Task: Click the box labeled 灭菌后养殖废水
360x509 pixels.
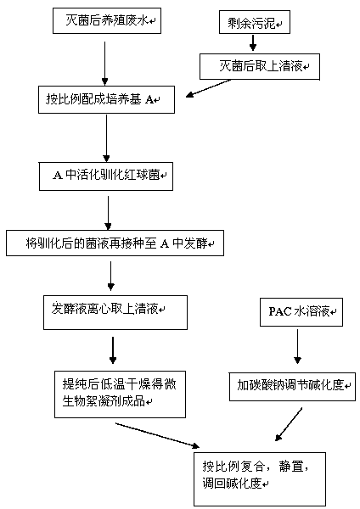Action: click(x=107, y=20)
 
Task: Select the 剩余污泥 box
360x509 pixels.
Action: click(x=255, y=22)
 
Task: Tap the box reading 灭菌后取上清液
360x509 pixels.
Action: click(x=260, y=66)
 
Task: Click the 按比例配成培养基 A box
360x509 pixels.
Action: click(x=106, y=99)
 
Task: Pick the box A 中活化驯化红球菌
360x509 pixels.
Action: click(x=106, y=176)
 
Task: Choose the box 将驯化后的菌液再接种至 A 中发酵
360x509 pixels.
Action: click(x=115, y=243)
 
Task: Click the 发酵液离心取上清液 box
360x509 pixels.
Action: click(x=115, y=312)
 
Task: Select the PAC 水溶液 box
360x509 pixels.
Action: click(x=301, y=312)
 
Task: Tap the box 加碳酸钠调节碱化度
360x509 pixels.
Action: click(x=292, y=387)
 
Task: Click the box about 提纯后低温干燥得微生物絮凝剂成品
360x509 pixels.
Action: click(x=120, y=394)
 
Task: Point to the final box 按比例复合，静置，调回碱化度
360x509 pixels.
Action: click(x=260, y=478)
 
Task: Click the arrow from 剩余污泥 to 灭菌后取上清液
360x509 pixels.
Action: click(x=253, y=42)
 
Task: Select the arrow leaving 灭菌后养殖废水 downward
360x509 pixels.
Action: click(x=104, y=64)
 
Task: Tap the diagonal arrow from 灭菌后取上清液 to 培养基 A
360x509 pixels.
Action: click(x=208, y=88)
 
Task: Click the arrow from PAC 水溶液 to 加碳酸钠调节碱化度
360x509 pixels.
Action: click(x=297, y=347)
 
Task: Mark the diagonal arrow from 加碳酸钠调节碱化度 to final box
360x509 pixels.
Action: click(x=289, y=424)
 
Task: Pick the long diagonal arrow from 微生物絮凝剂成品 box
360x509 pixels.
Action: click(x=157, y=435)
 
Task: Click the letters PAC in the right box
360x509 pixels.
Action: click(x=280, y=311)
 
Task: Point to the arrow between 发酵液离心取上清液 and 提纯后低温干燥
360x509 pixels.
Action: click(x=113, y=350)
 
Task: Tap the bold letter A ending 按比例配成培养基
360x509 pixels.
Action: click(x=149, y=99)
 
